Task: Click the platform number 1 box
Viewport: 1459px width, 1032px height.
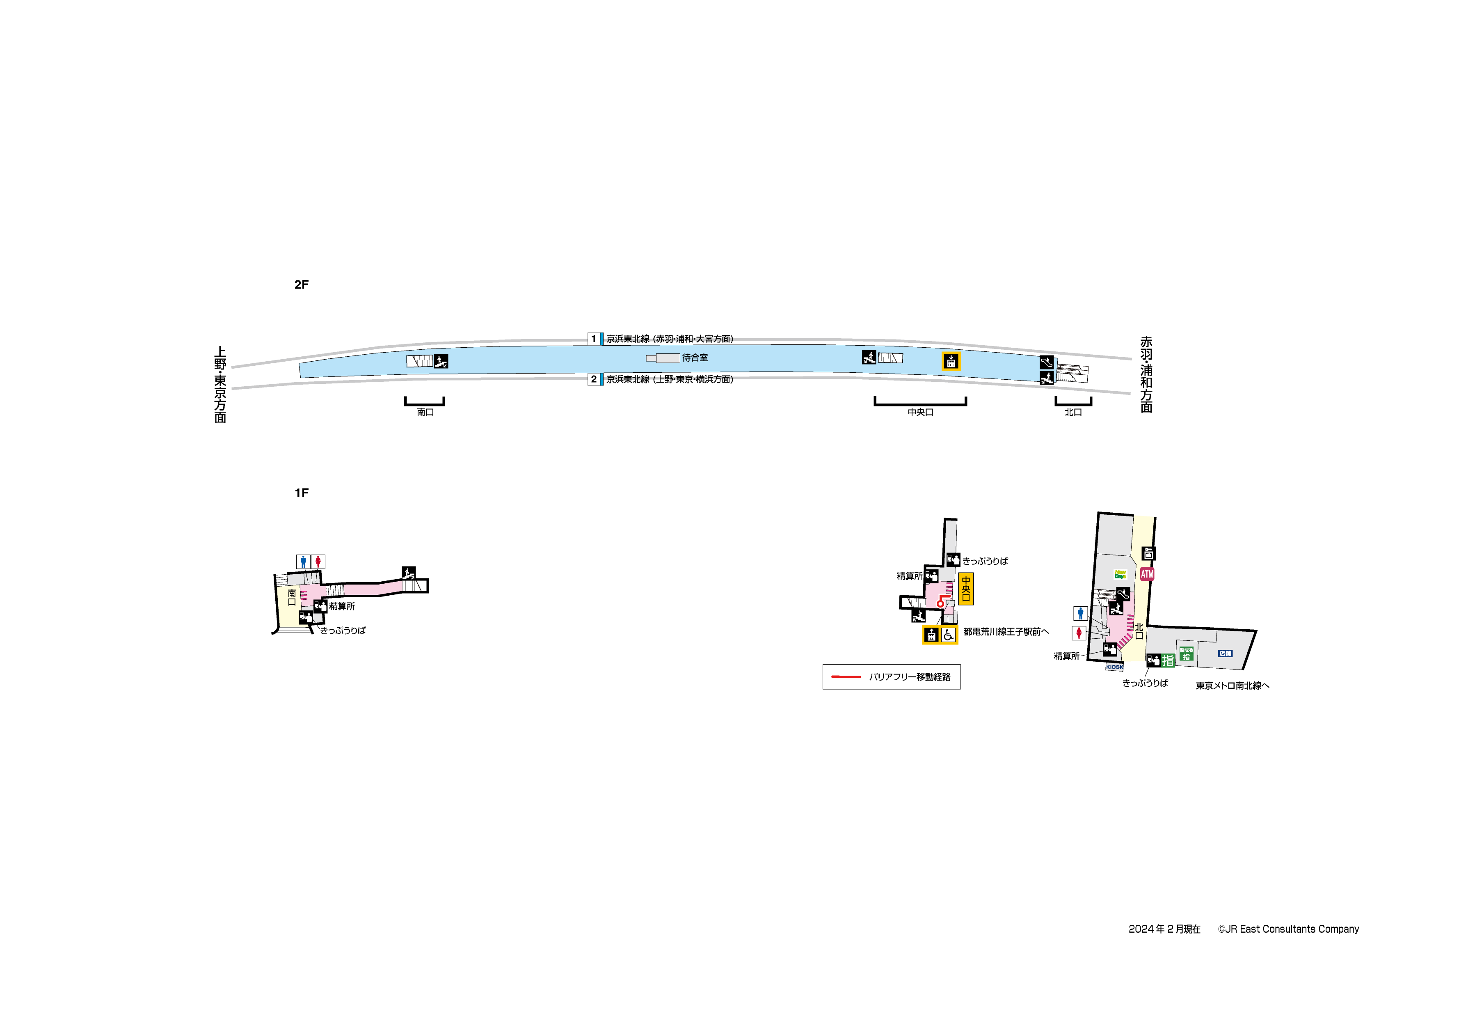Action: tap(594, 339)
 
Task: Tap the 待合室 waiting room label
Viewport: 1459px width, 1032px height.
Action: tap(695, 358)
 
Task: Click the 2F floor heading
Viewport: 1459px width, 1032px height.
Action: tap(301, 285)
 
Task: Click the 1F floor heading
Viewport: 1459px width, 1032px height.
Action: tap(301, 493)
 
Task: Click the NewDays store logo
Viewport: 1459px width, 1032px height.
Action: tap(1120, 574)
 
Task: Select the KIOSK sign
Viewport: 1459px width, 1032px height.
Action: tap(1114, 667)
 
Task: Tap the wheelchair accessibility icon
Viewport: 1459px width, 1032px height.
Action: tap(948, 635)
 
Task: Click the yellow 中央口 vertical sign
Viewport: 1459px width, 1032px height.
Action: tap(965, 589)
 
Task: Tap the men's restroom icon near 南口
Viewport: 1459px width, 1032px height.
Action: tap(303, 562)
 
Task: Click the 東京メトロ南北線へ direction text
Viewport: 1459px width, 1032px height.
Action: tap(1232, 686)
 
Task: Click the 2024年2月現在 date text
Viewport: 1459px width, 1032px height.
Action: tap(1164, 929)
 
